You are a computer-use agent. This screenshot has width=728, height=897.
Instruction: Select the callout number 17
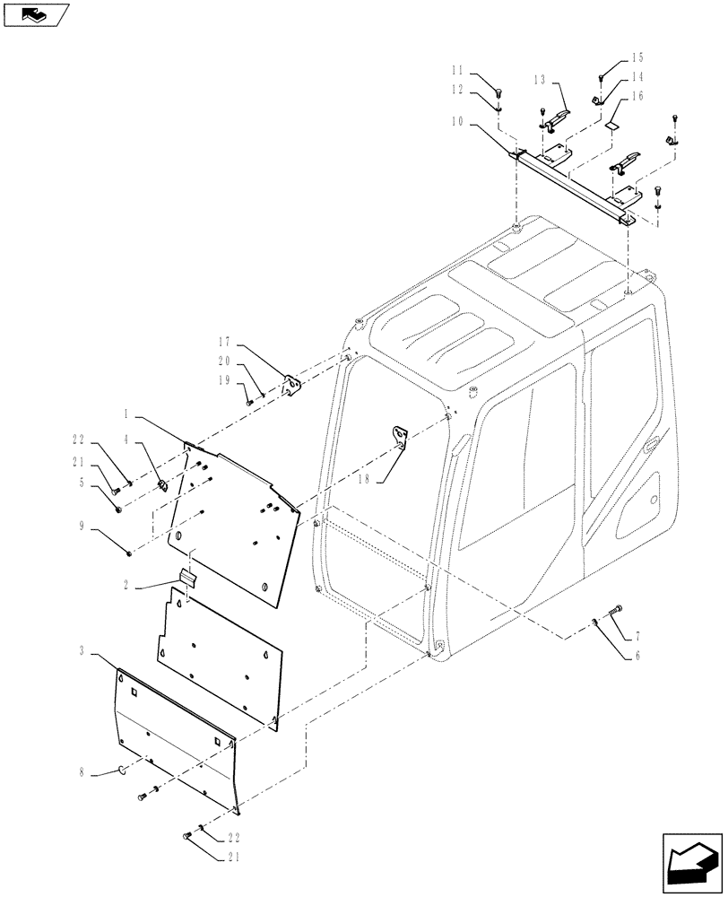(x=224, y=342)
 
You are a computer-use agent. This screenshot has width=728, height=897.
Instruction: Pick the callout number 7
(x=637, y=636)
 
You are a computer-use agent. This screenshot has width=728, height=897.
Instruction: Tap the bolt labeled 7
(x=613, y=613)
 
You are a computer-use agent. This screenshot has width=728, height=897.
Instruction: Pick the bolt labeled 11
(x=501, y=90)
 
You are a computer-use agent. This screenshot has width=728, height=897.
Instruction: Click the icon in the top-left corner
(x=37, y=14)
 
